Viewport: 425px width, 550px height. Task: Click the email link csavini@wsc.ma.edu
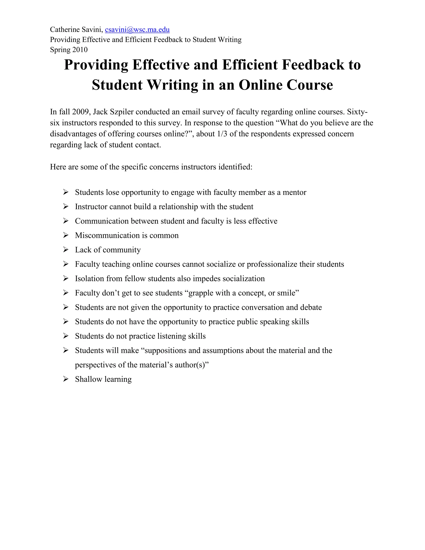(137, 30)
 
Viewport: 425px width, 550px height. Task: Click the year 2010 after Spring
(80, 50)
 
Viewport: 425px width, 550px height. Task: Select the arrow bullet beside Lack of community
(66, 249)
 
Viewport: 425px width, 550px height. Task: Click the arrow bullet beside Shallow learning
(66, 379)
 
